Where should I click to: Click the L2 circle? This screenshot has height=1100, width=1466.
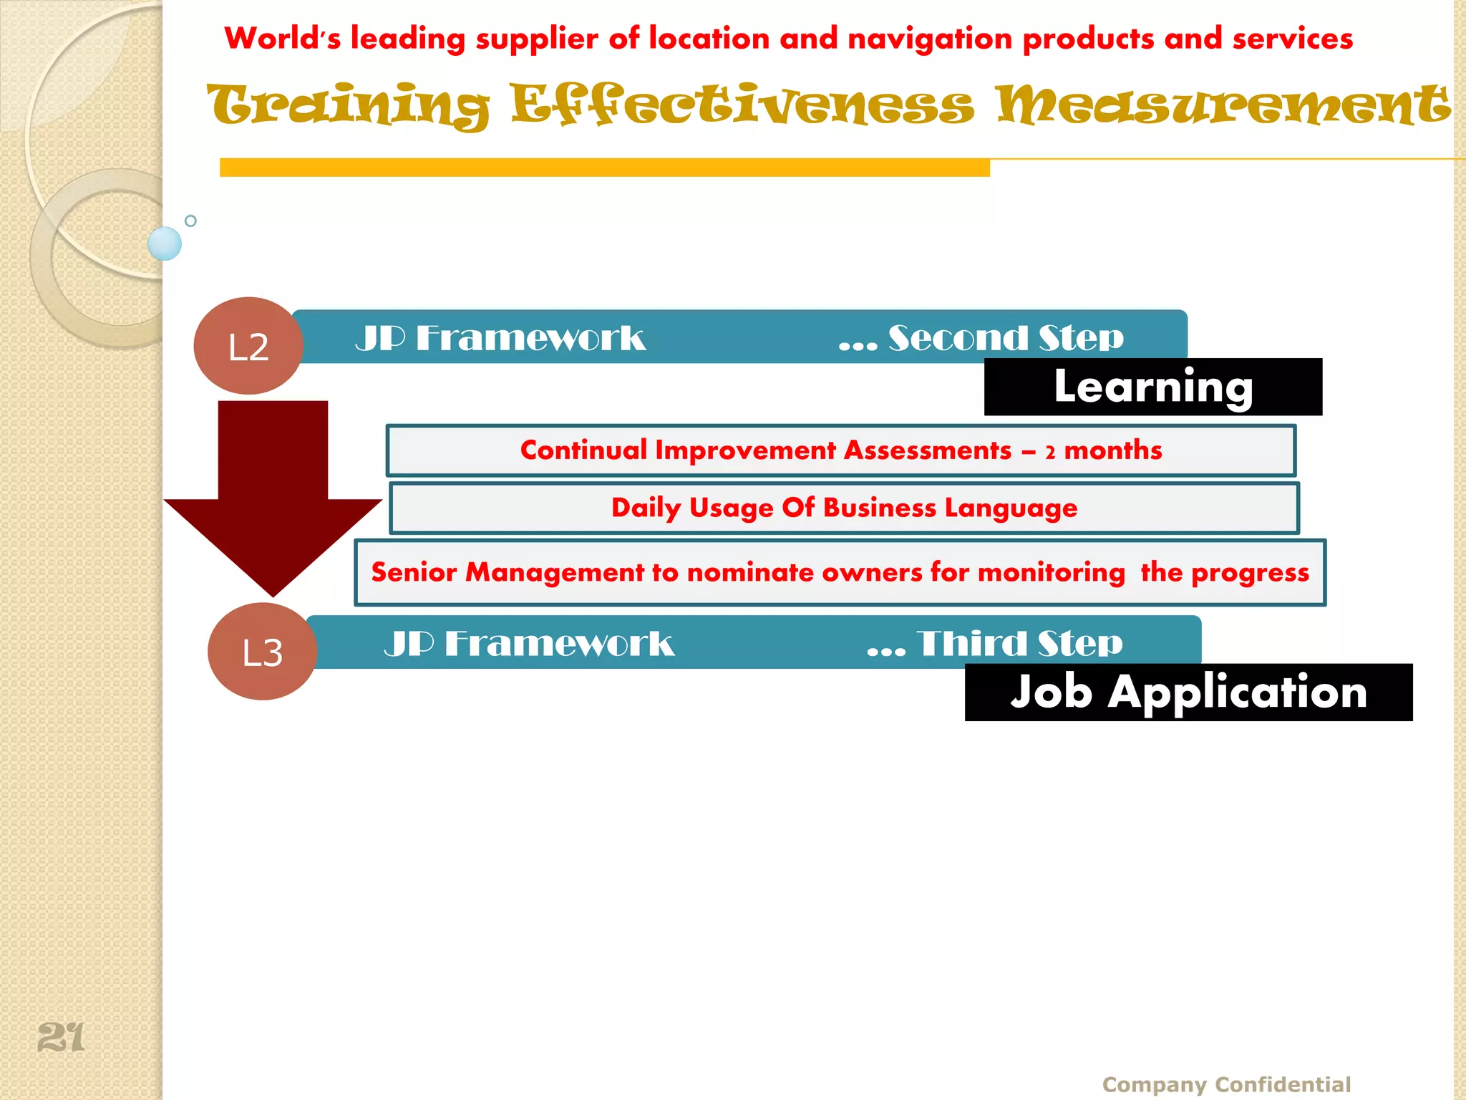pos(248,346)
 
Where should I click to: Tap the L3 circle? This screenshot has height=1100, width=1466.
pos(263,652)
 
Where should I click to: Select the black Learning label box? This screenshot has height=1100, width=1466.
pos(1152,387)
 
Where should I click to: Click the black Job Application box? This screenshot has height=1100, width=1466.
pos(1188,693)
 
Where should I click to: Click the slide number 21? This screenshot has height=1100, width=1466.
pos(61,1037)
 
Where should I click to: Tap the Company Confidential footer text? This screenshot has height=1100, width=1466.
pos(1226,1084)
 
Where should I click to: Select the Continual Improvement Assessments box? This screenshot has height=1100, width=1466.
pos(840,450)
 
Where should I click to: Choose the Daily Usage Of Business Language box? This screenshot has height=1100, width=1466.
pos(844,508)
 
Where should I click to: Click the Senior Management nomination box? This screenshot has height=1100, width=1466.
pos(840,572)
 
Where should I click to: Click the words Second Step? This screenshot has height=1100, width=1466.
pos(1006,338)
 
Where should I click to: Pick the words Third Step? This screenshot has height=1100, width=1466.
pos(1019,643)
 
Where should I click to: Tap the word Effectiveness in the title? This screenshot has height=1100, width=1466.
pos(742,105)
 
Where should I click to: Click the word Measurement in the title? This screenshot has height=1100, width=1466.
pos(1223,105)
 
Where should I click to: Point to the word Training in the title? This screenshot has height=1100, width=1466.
pos(349,105)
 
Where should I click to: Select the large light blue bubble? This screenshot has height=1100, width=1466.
pos(165,243)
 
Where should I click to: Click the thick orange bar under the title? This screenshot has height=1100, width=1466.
pos(604,168)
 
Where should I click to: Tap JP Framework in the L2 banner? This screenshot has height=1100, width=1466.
pos(500,338)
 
